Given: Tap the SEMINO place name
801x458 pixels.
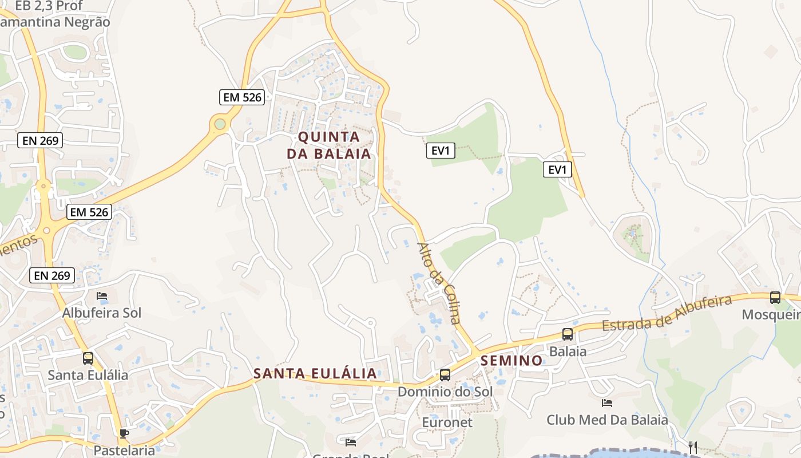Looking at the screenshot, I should [512, 360].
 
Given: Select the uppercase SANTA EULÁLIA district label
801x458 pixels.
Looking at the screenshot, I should [315, 373].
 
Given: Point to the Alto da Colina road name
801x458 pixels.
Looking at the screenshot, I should [439, 283].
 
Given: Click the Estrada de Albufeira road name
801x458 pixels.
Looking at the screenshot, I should [667, 314].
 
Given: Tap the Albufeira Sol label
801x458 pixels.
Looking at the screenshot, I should [102, 313].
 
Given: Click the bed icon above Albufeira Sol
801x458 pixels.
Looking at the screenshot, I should [102, 296].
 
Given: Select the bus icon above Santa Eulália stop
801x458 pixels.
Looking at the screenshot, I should [88, 358].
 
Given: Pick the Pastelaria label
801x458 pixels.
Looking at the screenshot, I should [124, 450].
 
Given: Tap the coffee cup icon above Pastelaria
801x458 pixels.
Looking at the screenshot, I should [124, 433].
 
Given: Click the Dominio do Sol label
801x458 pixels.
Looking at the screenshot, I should [445, 392].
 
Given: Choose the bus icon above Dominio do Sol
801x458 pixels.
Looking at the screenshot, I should [445, 375].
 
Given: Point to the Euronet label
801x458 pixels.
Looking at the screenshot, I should [447, 423].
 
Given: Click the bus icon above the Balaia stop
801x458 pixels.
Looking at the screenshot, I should [568, 334].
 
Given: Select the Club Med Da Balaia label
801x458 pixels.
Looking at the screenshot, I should [607, 420].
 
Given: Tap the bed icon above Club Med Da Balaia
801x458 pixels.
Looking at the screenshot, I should [607, 403].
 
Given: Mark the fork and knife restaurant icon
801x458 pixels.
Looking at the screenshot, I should [693, 447].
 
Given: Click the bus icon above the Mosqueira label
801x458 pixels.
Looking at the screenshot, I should [775, 298].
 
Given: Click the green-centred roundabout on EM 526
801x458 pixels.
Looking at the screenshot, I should [220, 124].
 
